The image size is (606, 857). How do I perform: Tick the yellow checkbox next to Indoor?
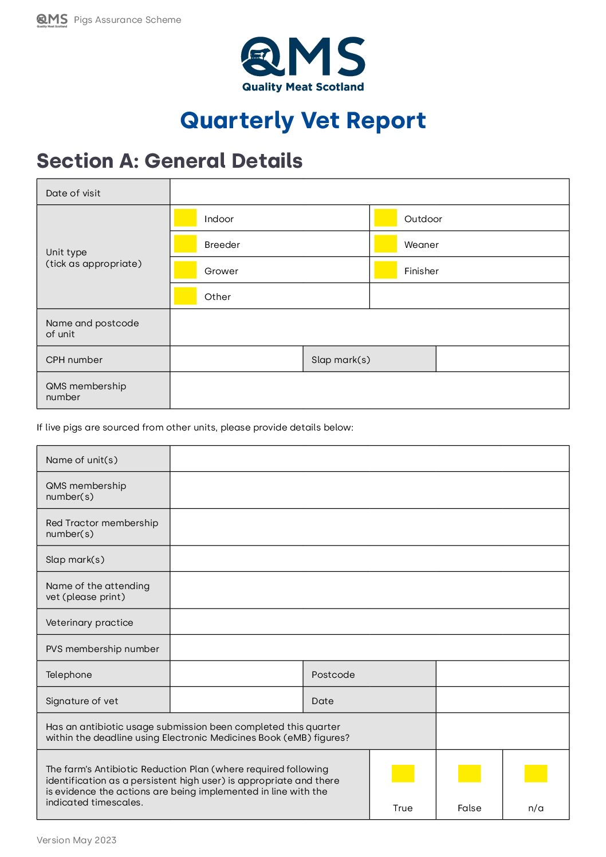(x=185, y=218)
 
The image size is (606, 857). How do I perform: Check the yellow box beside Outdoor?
(x=385, y=218)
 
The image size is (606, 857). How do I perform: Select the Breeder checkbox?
(x=185, y=244)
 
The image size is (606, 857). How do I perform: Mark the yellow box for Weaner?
(x=385, y=244)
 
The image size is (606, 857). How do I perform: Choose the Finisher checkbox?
(x=385, y=270)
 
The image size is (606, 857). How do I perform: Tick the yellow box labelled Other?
(x=185, y=296)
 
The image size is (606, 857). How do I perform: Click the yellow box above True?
(x=403, y=773)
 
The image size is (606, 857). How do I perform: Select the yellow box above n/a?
(x=536, y=773)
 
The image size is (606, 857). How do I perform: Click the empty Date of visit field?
(x=369, y=192)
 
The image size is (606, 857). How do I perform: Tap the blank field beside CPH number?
(x=236, y=359)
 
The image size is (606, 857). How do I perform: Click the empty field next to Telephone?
(x=236, y=674)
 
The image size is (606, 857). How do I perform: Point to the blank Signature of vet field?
(x=236, y=700)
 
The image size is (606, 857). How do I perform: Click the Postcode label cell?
(x=333, y=674)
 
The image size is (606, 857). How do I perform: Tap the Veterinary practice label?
(x=89, y=622)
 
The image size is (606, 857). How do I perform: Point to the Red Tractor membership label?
(x=102, y=528)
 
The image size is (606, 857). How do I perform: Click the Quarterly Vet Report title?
(x=303, y=121)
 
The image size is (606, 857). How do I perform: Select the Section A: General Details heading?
(x=170, y=161)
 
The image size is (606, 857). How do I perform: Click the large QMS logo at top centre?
(x=303, y=64)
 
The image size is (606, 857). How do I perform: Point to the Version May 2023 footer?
(x=77, y=840)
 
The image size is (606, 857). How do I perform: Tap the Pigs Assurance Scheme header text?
(x=127, y=20)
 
